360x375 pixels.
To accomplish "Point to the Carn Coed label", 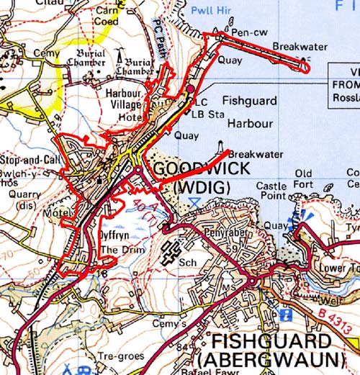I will click(105, 16).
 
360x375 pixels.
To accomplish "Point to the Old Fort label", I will click(303, 179).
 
